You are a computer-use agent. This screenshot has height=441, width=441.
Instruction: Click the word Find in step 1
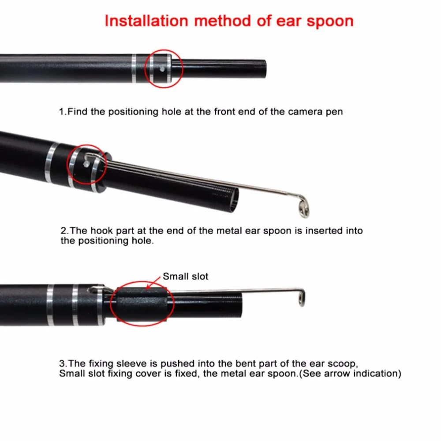tap(78, 112)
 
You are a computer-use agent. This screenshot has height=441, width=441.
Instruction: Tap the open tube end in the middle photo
tap(234, 200)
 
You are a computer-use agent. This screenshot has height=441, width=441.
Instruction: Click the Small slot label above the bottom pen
tap(185, 277)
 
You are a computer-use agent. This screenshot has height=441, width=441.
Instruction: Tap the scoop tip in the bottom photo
tap(300, 298)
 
